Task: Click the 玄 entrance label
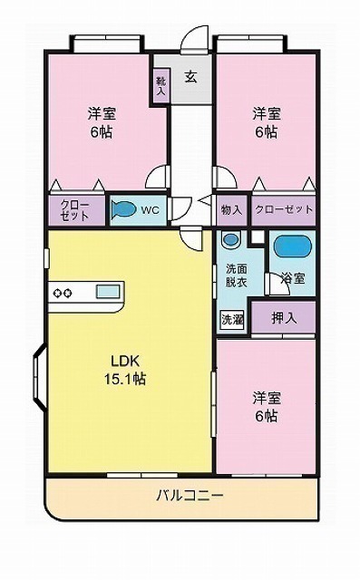pos(191,77)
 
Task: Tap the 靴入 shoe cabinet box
pos(161,87)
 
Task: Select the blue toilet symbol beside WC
pos(122,210)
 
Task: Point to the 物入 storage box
pos(232,210)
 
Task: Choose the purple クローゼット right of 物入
pos(284,210)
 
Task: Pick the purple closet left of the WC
pos(75,210)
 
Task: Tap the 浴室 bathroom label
pos(293,278)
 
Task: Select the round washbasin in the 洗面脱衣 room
pos(231,242)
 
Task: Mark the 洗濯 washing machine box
pos(232,319)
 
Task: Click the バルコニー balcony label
pos(190,495)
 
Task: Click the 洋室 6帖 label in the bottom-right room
pos(266,407)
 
